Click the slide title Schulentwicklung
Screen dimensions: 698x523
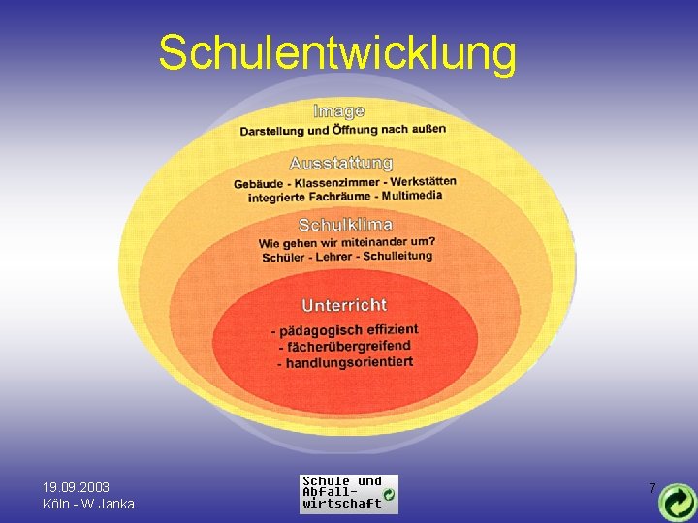pyautogui.click(x=337, y=53)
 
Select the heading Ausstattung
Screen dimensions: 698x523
pyautogui.click(x=340, y=163)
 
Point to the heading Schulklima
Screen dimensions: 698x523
pyautogui.click(x=345, y=225)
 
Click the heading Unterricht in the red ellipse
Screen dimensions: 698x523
pyautogui.click(x=344, y=305)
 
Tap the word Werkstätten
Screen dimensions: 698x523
pyautogui.click(x=423, y=181)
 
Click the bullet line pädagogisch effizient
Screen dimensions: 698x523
pyautogui.click(x=344, y=330)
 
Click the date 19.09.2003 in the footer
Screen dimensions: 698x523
pyautogui.click(x=76, y=487)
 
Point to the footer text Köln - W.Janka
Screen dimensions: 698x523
pyautogui.click(x=88, y=504)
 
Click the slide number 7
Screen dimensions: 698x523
pyautogui.click(x=652, y=488)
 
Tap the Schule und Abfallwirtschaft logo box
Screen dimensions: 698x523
pyautogui.click(x=348, y=493)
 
